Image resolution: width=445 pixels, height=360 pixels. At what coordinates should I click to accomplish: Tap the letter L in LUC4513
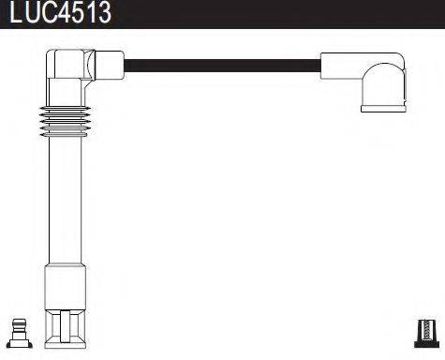[11, 13]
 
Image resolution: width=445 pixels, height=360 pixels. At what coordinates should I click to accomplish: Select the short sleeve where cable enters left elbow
[111, 67]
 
